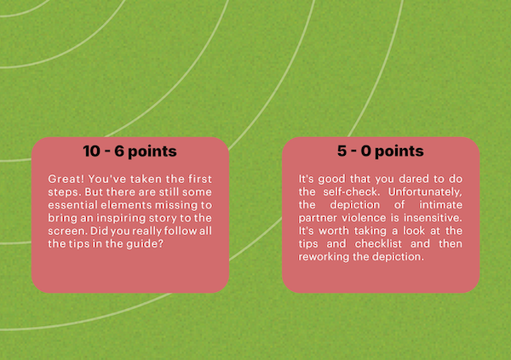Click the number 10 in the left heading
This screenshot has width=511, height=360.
[92, 151]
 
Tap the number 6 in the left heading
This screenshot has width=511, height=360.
[119, 151]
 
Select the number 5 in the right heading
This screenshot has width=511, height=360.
[342, 151]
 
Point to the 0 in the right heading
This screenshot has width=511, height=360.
[366, 151]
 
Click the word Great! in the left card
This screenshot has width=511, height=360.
[66, 179]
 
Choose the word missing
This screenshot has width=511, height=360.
[176, 205]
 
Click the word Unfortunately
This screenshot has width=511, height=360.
[425, 191]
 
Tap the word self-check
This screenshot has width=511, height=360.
[352, 191]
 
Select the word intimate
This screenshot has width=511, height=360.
[440, 204]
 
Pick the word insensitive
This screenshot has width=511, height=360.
[433, 218]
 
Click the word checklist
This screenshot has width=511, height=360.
[378, 243]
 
